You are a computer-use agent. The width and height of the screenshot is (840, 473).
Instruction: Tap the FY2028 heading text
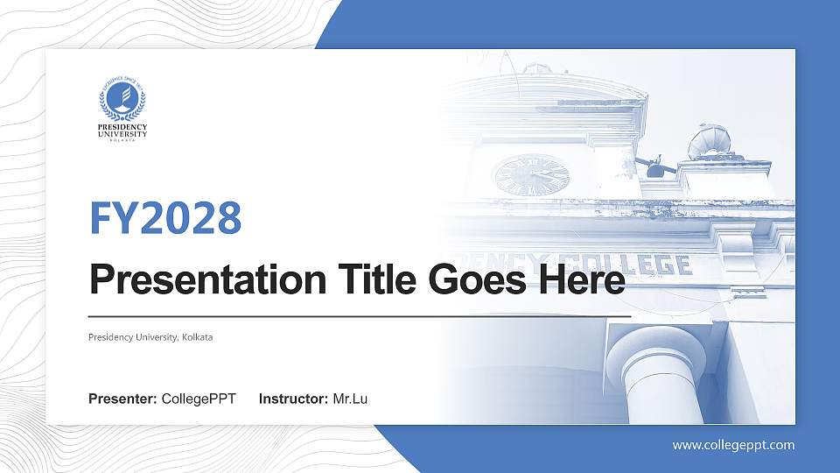165,218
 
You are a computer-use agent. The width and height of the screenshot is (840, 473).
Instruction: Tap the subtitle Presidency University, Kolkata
150,337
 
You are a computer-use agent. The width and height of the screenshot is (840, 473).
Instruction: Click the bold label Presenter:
122,399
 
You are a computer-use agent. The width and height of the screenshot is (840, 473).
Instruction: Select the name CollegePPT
199,399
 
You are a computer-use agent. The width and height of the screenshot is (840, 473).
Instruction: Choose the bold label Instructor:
294,399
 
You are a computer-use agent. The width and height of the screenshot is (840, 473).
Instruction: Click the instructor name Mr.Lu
350,399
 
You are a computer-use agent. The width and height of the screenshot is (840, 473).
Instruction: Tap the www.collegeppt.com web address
733,445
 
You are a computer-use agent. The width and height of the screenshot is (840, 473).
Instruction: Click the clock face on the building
531,174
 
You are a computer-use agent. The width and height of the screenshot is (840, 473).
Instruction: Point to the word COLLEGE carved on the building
639,264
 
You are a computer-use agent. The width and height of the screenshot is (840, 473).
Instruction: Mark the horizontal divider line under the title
360,314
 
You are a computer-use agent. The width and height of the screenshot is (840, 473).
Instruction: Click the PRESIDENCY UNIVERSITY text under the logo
122,131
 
